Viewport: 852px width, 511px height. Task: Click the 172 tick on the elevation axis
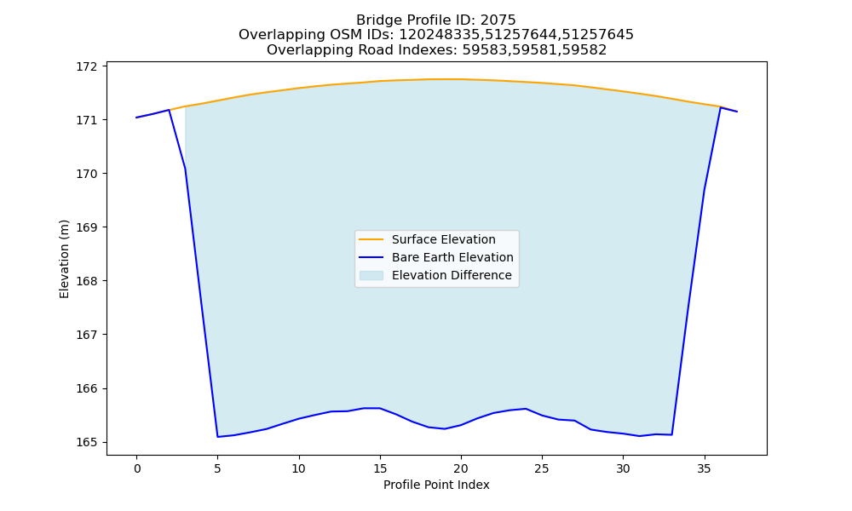(86, 66)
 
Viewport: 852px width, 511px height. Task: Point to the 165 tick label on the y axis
(86, 443)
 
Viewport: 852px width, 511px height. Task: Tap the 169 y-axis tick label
(86, 227)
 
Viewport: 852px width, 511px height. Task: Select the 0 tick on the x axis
(136, 468)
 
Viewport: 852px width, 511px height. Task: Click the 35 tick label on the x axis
(705, 468)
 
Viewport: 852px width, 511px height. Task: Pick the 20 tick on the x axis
(461, 468)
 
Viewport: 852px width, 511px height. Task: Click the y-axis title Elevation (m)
(64, 259)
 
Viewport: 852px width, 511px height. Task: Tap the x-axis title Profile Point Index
(436, 485)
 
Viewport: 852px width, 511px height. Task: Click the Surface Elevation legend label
(443, 239)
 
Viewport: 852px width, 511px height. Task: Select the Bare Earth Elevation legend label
(452, 257)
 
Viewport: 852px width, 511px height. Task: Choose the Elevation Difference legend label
(452, 275)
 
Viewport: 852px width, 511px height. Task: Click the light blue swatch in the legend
(371, 275)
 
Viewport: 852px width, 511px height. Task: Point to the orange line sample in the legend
(371, 239)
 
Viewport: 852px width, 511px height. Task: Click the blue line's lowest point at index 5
(217, 437)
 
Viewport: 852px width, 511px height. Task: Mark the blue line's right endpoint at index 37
(737, 112)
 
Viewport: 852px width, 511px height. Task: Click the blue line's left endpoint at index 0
(136, 118)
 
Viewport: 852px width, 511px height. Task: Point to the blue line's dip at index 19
(445, 429)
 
